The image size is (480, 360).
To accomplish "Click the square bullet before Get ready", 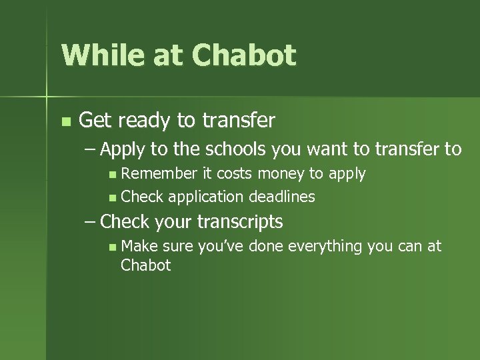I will pyautogui.click(x=65, y=122).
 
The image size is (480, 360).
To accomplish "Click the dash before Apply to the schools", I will pyautogui.click(x=91, y=149).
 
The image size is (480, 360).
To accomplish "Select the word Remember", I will pyautogui.click(x=159, y=174).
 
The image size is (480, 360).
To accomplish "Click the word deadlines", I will pyautogui.click(x=281, y=197).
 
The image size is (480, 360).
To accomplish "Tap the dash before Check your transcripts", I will pyautogui.click(x=91, y=222).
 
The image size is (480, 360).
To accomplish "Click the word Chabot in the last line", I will pyautogui.click(x=145, y=265).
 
